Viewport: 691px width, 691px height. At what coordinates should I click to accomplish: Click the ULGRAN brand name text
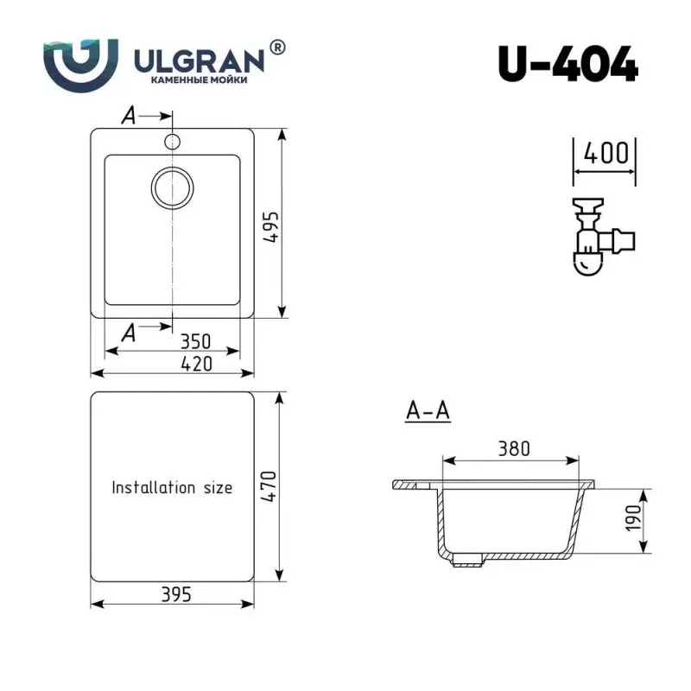coord(198,60)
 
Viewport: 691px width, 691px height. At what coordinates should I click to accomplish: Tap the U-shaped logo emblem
coord(79,63)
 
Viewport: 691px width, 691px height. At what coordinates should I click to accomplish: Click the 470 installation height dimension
coord(269,488)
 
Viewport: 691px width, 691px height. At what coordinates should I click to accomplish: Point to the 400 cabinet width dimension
coord(605,155)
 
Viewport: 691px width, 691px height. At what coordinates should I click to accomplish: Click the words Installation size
coord(172,488)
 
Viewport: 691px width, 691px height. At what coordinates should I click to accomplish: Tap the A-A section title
coord(428,412)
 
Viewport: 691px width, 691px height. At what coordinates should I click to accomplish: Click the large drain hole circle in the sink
coord(174,187)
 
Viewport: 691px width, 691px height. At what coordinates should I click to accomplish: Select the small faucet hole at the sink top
coord(173,140)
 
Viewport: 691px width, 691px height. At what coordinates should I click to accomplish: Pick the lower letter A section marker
coord(129,331)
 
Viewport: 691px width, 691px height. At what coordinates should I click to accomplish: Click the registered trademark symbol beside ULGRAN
coord(277,48)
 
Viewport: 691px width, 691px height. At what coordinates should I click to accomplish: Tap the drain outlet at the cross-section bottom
coord(467,561)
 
